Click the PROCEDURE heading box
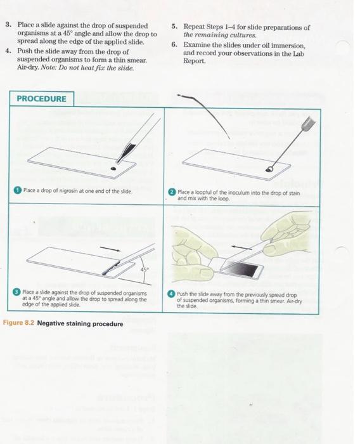click(41, 99)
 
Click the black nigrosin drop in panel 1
click(113, 169)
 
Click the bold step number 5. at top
click(175, 27)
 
